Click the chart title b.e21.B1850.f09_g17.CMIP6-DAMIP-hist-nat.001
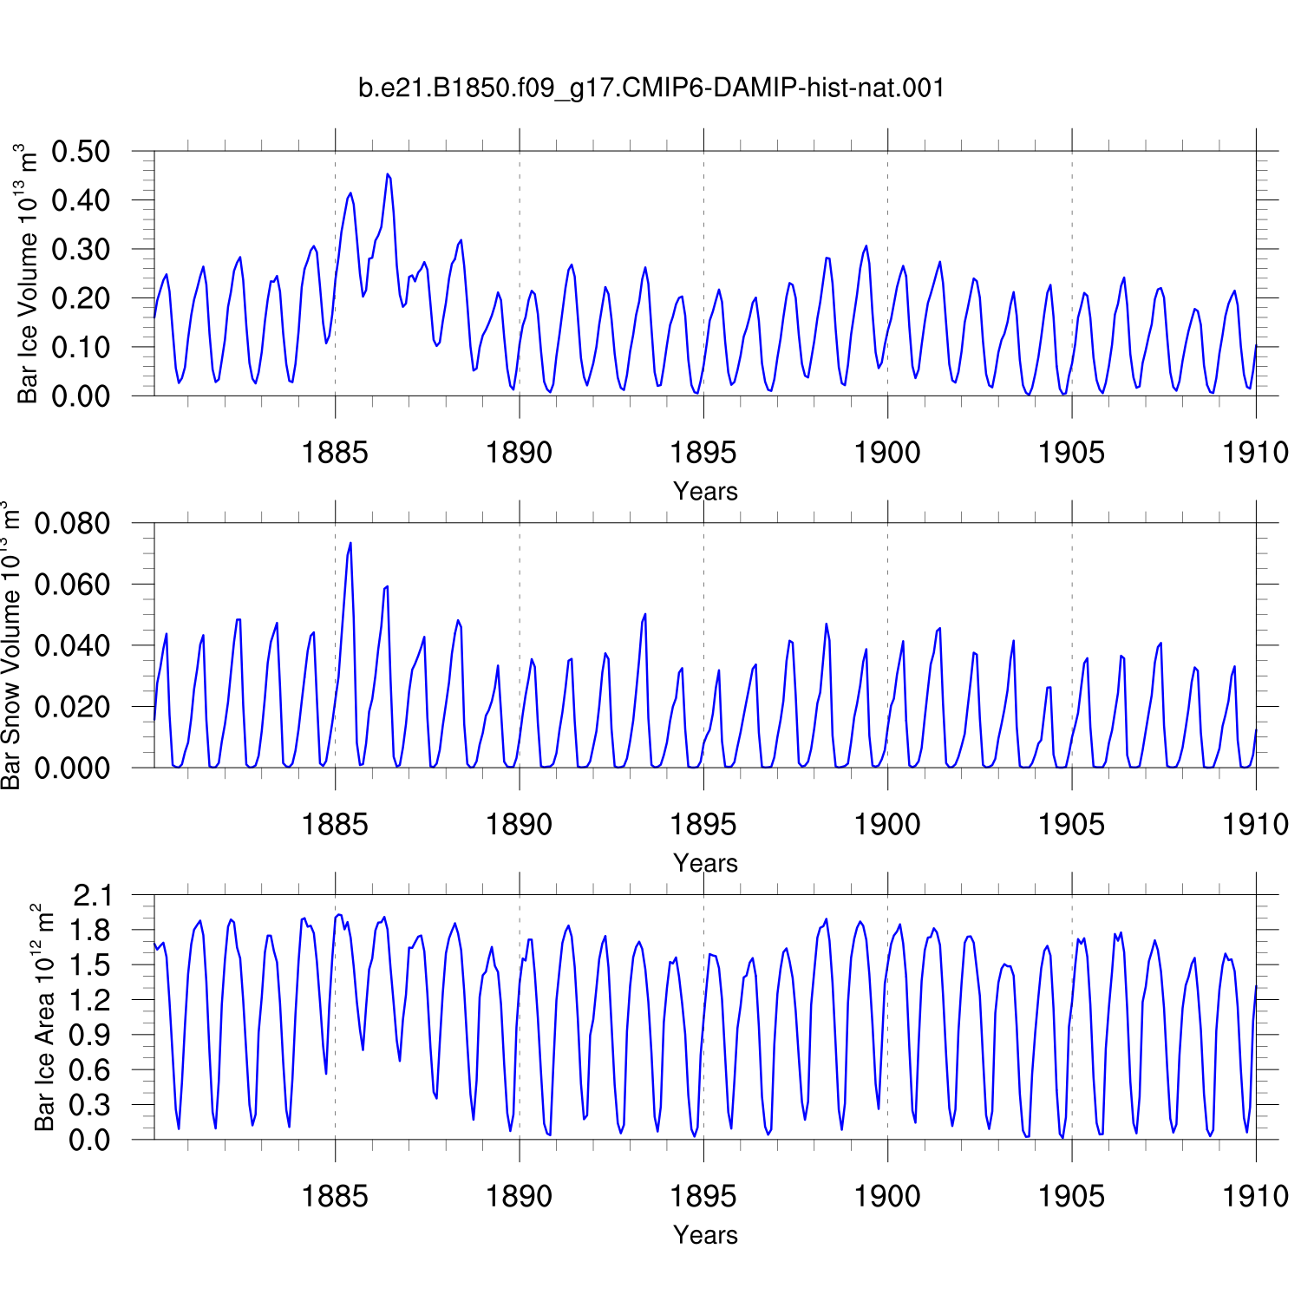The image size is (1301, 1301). click(651, 88)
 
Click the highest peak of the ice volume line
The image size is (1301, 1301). click(388, 174)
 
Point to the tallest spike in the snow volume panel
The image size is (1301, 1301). click(350, 543)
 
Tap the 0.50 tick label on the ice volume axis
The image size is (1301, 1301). click(81, 151)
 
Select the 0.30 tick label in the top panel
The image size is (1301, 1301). click(81, 249)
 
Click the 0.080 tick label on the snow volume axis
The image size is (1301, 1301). click(72, 523)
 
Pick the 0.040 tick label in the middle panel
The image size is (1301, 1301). click(72, 645)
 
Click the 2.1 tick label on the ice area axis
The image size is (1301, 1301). click(92, 895)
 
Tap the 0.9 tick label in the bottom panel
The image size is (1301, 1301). click(92, 1035)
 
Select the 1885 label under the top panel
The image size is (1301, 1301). click(335, 452)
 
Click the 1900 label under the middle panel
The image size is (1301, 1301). click(887, 824)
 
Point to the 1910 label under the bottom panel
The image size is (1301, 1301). click(1256, 1196)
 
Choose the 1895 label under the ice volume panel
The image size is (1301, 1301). click(703, 452)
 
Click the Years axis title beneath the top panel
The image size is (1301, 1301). click(705, 491)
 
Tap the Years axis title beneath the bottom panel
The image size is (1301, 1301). click(705, 1234)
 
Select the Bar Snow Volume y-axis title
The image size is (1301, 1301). click(10, 645)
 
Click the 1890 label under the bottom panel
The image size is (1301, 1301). click(519, 1196)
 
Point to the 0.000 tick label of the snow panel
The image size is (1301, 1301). click(72, 768)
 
